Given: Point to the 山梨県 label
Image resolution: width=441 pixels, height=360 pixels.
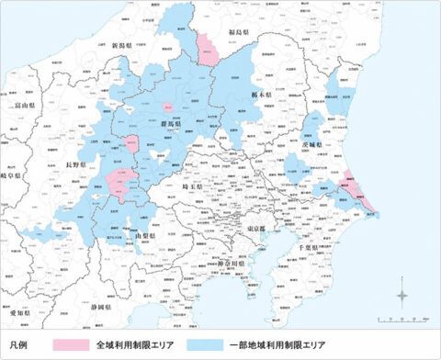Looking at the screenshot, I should click(x=149, y=237).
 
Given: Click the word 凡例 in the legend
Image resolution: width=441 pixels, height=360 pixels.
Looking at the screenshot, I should click(x=20, y=345).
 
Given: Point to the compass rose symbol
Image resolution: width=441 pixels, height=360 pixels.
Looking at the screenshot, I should click(x=405, y=296).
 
